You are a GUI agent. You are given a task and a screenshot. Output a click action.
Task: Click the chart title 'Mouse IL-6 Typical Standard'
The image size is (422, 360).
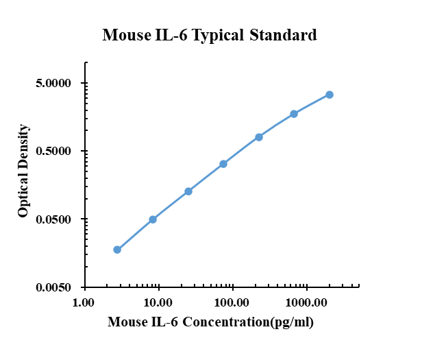(x=210, y=35)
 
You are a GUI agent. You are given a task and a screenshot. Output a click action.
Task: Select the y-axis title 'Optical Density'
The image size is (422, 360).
(x=24, y=171)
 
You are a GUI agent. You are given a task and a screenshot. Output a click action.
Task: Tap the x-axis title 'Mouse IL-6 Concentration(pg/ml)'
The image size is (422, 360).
(x=210, y=321)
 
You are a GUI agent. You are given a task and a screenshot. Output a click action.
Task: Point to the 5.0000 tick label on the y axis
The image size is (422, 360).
(x=52, y=84)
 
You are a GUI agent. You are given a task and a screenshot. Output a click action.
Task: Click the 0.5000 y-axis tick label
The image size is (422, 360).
(x=52, y=152)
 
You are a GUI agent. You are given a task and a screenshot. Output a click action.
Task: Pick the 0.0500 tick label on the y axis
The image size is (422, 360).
(x=52, y=219)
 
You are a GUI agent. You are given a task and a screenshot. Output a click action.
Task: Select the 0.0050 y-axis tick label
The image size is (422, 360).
(x=52, y=287)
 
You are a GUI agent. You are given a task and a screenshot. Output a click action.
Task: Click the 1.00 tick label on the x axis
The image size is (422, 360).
(x=84, y=302)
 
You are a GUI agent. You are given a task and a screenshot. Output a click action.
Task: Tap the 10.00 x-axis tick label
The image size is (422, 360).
(x=158, y=302)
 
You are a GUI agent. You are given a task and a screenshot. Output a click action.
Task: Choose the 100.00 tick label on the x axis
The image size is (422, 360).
(x=232, y=302)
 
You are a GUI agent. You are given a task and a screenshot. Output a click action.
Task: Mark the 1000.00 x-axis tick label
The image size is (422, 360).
(x=306, y=302)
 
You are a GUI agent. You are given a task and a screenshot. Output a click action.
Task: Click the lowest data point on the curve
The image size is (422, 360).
(x=117, y=250)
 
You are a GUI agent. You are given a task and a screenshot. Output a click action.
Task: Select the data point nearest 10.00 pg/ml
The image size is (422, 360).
(x=153, y=219)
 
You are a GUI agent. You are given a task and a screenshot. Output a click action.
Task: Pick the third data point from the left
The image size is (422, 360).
(x=188, y=191)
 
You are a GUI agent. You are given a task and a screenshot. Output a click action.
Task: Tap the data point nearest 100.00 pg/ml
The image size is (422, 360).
(x=223, y=164)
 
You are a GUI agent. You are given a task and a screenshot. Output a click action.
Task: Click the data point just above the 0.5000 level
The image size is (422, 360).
(x=259, y=137)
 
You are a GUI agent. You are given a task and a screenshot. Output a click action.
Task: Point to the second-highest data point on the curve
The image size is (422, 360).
(x=294, y=114)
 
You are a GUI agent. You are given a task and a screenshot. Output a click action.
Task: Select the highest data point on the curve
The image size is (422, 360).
(x=330, y=95)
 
